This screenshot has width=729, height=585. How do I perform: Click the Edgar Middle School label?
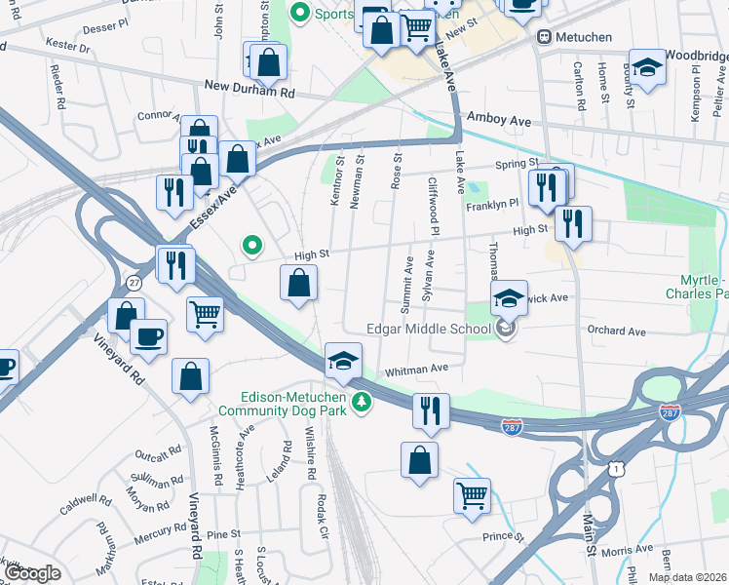428,329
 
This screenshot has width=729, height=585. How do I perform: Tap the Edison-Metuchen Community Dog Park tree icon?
362,402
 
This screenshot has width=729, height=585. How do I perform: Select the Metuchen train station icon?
543,37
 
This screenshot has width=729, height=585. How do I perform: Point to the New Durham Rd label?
249,87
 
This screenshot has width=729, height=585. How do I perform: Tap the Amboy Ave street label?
499,118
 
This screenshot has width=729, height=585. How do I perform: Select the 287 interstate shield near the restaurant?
510,426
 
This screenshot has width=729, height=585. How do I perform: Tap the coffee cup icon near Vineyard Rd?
148,337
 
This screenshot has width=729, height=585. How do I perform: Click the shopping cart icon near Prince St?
472,495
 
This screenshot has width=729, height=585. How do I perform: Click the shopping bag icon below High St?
299,285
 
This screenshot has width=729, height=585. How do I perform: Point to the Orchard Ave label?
616,331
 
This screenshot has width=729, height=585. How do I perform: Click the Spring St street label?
517,163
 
